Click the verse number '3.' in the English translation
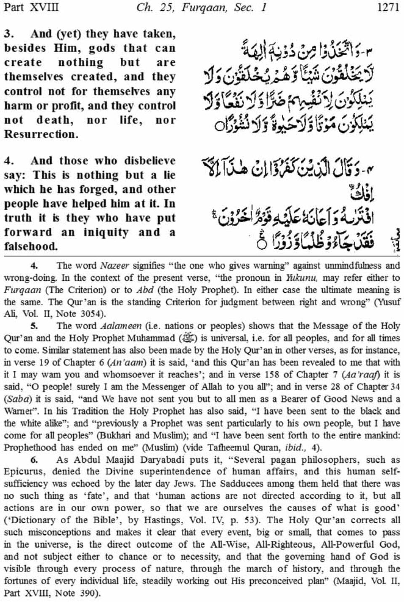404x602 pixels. click(10, 34)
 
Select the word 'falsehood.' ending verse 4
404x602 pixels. click(31, 247)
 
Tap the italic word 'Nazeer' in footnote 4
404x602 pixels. click(114, 266)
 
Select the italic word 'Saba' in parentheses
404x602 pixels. click(16, 399)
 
